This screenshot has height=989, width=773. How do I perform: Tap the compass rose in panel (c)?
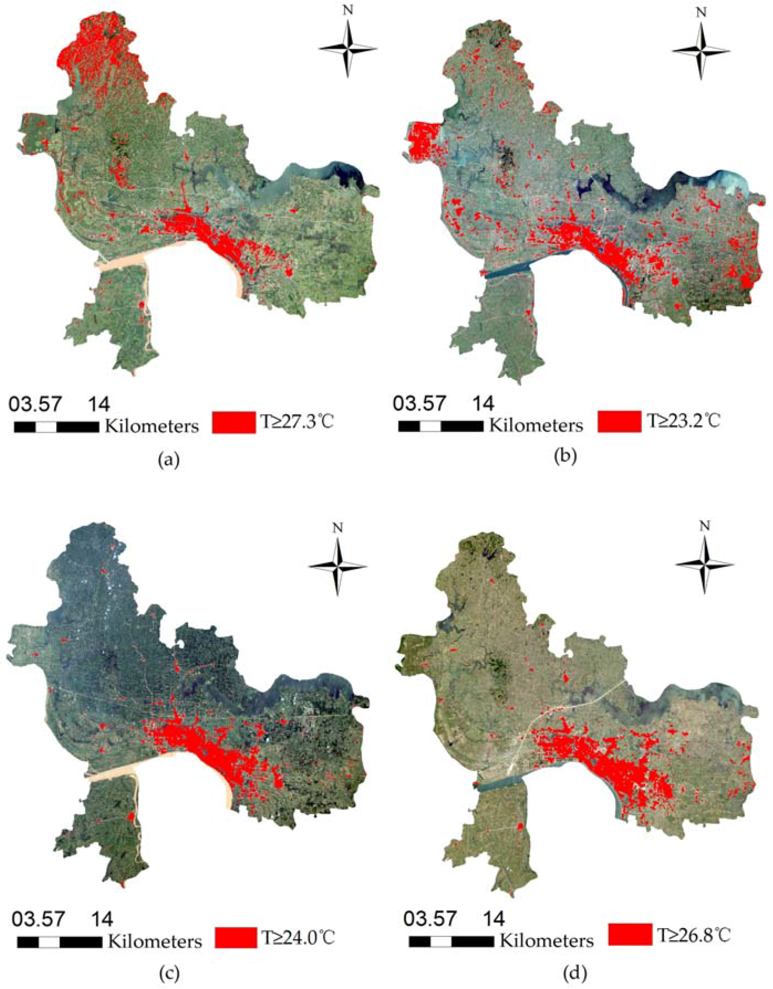click(x=337, y=567)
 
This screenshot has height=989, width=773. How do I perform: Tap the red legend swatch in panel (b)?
click(x=619, y=422)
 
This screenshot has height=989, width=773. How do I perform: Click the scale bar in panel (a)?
click(x=57, y=427)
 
